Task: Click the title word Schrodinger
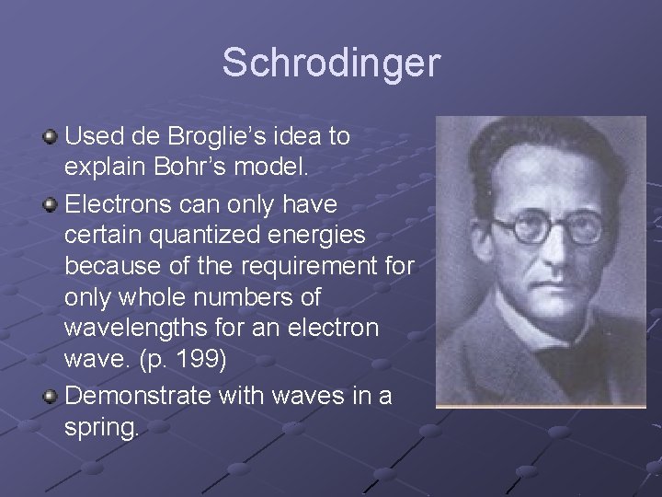pos(331,64)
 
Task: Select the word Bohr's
pos(199,168)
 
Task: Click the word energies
pos(321,235)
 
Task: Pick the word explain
pos(101,169)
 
